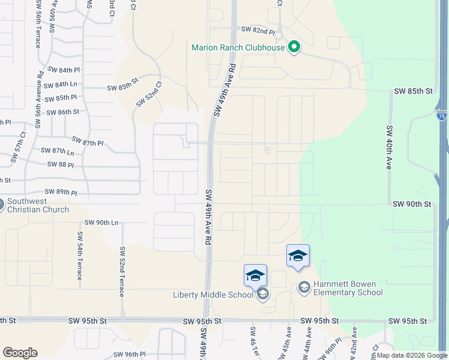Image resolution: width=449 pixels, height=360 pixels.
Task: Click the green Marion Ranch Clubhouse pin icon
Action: click(x=294, y=47)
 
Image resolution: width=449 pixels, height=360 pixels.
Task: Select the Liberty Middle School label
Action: click(x=213, y=294)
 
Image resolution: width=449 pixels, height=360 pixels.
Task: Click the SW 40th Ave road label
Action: click(x=388, y=147)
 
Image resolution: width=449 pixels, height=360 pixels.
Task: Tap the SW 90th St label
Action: click(x=412, y=205)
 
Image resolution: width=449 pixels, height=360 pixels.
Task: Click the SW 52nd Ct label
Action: click(x=149, y=94)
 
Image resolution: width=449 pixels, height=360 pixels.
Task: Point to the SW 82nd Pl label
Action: click(x=258, y=29)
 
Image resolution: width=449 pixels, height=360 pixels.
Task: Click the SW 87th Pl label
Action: click(x=88, y=143)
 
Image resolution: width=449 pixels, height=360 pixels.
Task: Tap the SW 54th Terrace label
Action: click(x=79, y=255)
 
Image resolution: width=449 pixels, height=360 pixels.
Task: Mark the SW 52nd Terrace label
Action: click(x=122, y=271)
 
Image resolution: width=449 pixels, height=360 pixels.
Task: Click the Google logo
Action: click(x=20, y=353)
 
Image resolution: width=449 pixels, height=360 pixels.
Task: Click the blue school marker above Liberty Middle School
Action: click(x=255, y=275)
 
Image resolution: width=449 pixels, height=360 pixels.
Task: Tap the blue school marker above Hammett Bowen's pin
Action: click(x=298, y=256)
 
